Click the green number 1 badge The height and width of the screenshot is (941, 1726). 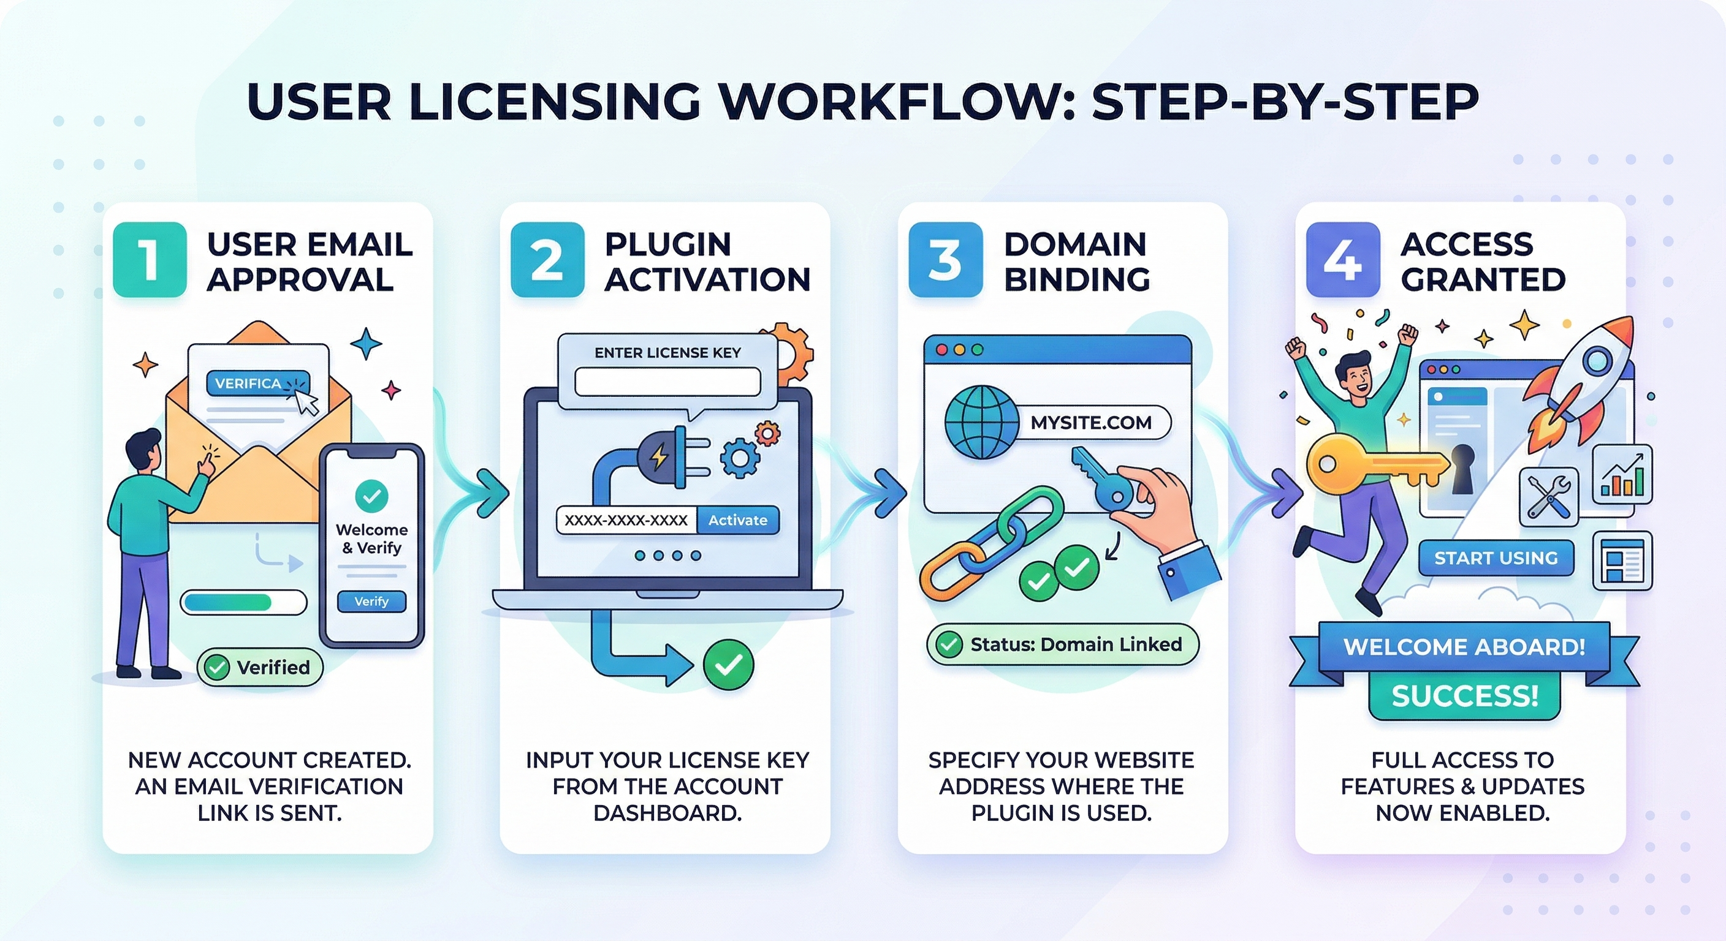(x=150, y=260)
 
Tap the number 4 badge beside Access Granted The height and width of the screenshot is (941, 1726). (x=1343, y=260)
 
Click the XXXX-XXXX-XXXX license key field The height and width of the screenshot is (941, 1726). (x=626, y=520)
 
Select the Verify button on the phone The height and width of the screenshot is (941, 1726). (x=371, y=602)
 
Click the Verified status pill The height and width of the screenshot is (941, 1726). (x=260, y=667)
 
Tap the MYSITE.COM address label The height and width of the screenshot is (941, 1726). (x=1091, y=423)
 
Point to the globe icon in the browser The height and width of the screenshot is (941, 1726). (x=981, y=423)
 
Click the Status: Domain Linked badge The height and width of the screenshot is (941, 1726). (x=1063, y=644)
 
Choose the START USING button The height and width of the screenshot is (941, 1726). (x=1496, y=558)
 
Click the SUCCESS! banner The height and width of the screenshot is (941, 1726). (x=1465, y=696)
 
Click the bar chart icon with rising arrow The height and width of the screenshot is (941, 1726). (x=1621, y=474)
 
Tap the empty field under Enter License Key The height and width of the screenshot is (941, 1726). (x=667, y=382)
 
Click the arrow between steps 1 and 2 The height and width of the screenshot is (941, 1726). (x=491, y=494)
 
